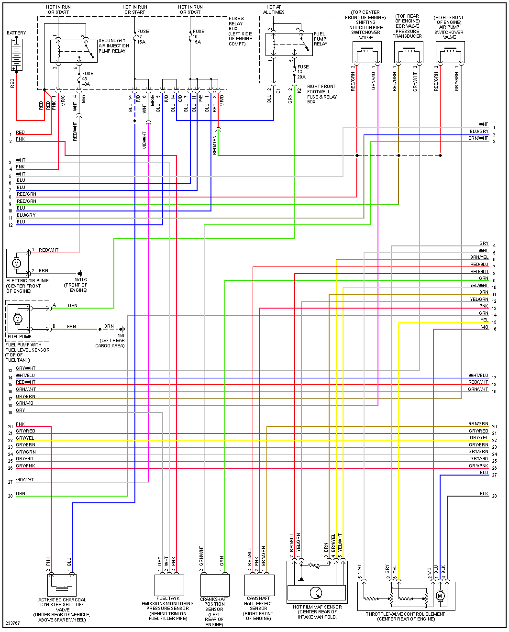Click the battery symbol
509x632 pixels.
coord(17,55)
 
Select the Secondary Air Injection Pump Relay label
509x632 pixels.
coord(113,46)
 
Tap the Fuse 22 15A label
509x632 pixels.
coord(143,37)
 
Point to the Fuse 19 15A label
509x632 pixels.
coord(198,37)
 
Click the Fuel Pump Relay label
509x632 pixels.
coord(320,39)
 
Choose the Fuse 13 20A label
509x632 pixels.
coord(302,72)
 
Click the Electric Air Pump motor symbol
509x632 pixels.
coord(17,263)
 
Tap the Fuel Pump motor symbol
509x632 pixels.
coord(18,319)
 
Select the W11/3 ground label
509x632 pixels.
coord(81,280)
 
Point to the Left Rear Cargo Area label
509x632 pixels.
coord(110,343)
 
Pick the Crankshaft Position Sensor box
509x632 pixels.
coord(215,585)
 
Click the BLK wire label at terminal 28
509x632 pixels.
coord(484,494)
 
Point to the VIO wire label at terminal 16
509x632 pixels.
coord(485,327)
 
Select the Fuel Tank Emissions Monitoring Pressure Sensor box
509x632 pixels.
coord(169,585)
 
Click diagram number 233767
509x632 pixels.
coord(13,623)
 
